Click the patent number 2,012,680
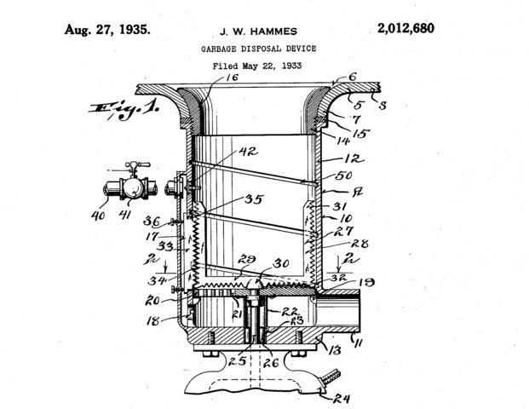405,28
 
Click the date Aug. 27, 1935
108,28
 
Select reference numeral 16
233,78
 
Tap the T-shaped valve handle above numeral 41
129,167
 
